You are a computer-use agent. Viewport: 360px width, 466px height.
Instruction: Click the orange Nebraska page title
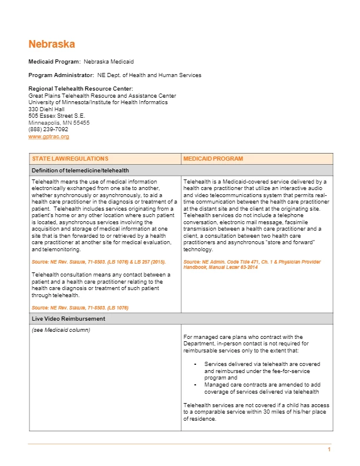coord(51,45)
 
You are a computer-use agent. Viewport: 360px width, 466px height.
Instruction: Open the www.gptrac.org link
coord(49,137)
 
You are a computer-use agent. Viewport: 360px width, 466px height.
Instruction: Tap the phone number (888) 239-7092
coord(48,129)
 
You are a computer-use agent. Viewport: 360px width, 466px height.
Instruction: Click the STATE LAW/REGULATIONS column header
coord(69,159)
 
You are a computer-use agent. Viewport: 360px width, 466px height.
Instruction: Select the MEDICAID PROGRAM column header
coord(212,159)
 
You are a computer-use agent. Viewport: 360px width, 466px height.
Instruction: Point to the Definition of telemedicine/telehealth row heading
coord(80,171)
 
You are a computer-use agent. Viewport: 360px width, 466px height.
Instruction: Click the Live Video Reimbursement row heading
coord(68,318)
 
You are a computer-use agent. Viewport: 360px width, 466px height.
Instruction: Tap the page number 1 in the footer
coord(329,450)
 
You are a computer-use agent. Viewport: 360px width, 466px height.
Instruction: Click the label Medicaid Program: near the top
coord(55,61)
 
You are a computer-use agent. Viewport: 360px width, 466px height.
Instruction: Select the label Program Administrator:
coord(61,75)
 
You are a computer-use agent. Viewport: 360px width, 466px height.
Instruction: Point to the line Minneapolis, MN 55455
coord(59,123)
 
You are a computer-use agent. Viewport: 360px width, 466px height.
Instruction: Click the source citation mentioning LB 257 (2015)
coord(98,261)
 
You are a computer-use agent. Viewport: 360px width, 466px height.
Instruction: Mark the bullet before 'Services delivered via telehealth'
coord(195,364)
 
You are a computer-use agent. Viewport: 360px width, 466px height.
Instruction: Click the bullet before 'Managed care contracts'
coord(195,384)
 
